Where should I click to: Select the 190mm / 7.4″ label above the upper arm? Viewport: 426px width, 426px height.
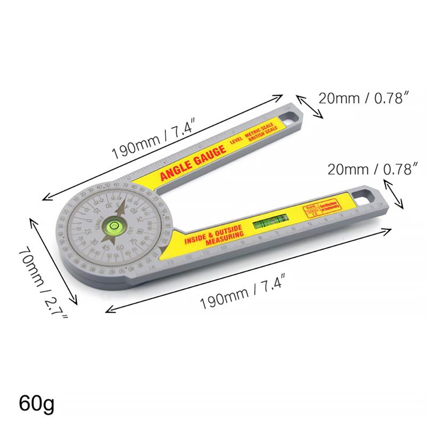coord(154,139)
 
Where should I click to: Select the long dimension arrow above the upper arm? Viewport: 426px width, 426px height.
coord(162,146)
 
